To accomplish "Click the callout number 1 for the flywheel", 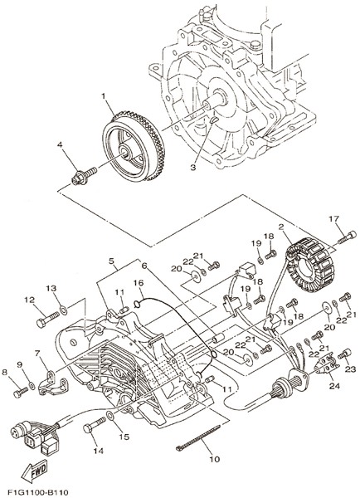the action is tap(103, 95).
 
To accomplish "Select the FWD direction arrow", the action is tap(34, 470).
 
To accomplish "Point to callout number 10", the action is tap(215, 459).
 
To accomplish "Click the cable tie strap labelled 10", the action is tap(197, 437).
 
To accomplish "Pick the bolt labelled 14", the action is tap(95, 426).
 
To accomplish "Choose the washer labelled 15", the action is tap(109, 415).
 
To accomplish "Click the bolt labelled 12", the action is tap(48, 320).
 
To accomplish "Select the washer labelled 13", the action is tap(63, 309).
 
